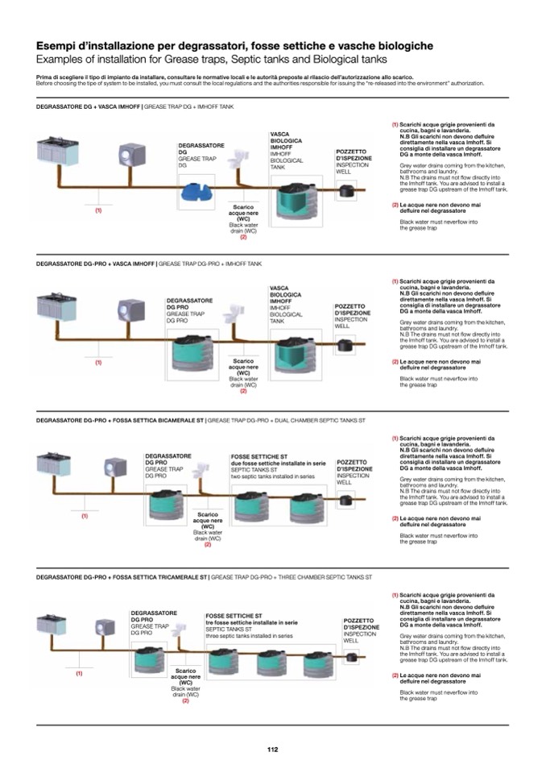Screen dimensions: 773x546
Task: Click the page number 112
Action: click(272, 749)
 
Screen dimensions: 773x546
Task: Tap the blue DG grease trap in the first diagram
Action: click(197, 192)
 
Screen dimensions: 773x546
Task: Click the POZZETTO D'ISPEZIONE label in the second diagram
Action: click(351, 310)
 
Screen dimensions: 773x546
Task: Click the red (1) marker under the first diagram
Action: click(98, 210)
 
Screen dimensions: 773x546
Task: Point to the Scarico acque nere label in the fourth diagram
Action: click(185, 675)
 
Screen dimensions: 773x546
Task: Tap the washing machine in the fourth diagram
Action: click(104, 627)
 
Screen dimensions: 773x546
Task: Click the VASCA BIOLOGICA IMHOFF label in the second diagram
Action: click(285, 295)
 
